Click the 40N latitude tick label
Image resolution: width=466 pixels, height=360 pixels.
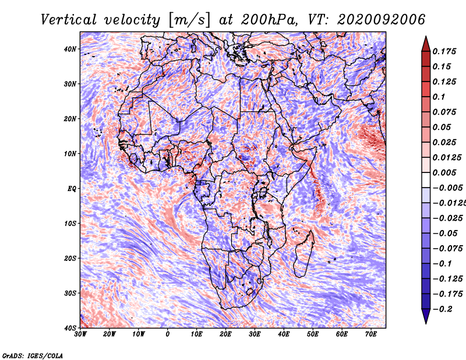70,49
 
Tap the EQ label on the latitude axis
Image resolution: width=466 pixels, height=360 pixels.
72,189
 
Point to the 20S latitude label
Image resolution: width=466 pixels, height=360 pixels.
70,258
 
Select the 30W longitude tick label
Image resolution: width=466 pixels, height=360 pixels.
80,334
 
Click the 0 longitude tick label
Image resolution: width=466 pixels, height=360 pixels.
168,334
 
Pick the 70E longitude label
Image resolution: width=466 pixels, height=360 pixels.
371,334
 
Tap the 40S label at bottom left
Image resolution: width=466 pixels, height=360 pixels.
70,328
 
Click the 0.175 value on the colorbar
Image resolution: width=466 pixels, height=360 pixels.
444,51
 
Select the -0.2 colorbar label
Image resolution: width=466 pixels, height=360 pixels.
443,309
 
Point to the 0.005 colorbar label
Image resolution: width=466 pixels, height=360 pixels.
444,172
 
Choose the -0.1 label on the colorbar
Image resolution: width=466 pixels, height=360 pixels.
443,264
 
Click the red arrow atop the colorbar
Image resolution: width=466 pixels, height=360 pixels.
426,44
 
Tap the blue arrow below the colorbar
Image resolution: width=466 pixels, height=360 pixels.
426,316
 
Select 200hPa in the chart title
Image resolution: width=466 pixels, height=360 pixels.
269,20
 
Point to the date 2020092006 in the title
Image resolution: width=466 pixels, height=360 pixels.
382,20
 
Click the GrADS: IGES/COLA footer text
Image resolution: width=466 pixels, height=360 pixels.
33,356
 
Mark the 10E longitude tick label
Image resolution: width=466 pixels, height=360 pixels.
196,334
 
